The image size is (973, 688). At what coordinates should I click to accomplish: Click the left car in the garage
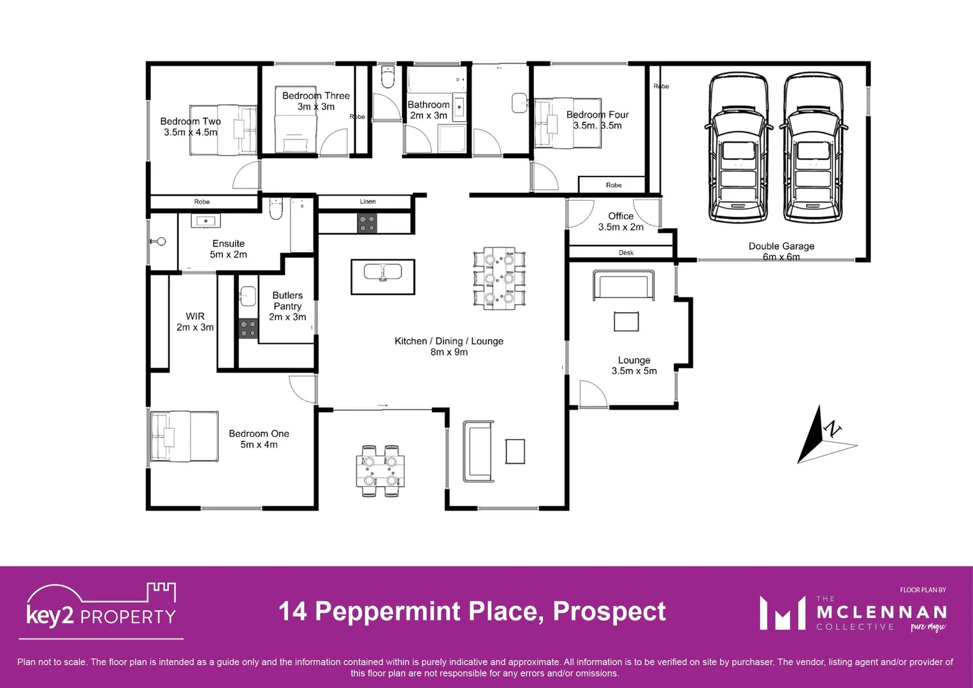tap(739, 148)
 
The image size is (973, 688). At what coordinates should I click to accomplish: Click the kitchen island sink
tap(382, 273)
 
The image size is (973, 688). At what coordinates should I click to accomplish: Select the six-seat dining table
tap(499, 278)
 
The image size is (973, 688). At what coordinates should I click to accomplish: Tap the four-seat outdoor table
tap(380, 471)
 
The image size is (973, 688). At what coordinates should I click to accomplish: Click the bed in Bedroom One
tap(184, 436)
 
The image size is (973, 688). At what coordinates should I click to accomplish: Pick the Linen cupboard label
tap(368, 202)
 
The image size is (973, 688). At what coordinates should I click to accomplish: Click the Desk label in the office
tap(626, 253)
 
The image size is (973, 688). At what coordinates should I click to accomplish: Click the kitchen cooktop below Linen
tap(367, 223)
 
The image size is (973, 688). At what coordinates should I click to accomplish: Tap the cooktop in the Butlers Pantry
tap(248, 329)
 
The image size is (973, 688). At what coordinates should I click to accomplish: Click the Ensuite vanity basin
tap(206, 221)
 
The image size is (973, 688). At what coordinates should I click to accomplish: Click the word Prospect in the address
tap(609, 612)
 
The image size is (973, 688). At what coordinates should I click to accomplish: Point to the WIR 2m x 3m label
tap(195, 322)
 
